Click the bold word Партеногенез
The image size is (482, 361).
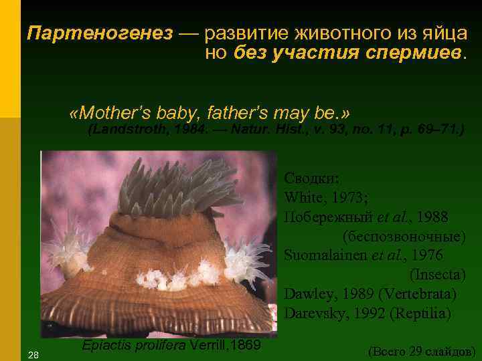click(100, 33)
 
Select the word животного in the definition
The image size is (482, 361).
click(326, 33)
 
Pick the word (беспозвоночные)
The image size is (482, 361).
click(404, 237)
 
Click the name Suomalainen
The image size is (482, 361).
click(326, 255)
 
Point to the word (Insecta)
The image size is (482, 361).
click(436, 275)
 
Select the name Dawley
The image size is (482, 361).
click(305, 294)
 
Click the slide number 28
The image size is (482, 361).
click(32, 354)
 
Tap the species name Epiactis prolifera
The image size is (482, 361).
click(134, 346)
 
